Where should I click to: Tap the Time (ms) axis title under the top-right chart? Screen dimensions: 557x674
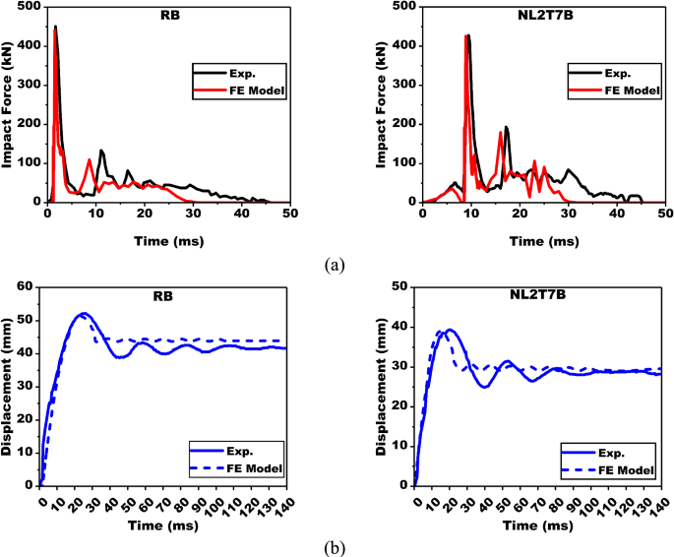click(x=543, y=239)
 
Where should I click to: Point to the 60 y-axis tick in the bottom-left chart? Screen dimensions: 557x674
click(x=28, y=285)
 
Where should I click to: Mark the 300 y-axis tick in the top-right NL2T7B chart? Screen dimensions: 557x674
click(x=403, y=85)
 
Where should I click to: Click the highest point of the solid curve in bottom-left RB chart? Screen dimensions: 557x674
click(x=84, y=313)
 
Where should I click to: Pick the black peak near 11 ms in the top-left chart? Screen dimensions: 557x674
click(x=101, y=151)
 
